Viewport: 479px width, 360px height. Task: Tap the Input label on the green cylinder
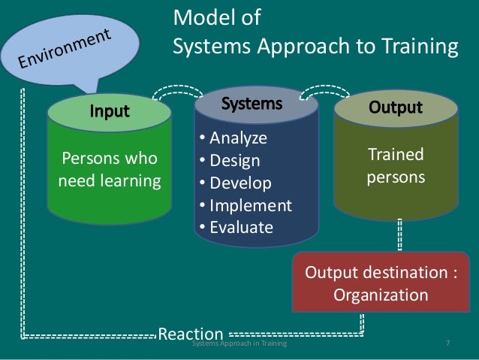coord(110,112)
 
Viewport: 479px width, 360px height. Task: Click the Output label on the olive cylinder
coord(395,107)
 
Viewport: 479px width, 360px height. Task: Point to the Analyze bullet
coord(234,138)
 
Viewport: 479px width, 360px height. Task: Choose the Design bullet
coord(230,161)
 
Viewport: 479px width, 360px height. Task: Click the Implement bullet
coord(245,205)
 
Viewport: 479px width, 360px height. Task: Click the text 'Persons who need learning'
coord(110,170)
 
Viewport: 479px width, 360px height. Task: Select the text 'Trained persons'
coord(395,166)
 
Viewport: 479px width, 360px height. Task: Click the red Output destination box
coord(380,282)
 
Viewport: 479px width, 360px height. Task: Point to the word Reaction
coord(191,334)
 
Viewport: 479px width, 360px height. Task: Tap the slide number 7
coord(447,344)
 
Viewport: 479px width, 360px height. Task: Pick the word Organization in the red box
coord(380,294)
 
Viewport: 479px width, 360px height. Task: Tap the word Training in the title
coord(419,47)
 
